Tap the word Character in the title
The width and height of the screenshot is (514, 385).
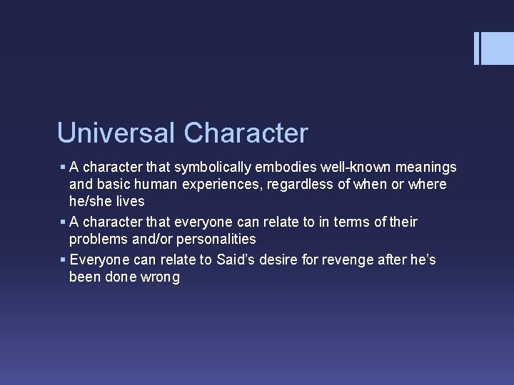point(246,133)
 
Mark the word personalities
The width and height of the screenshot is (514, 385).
point(214,239)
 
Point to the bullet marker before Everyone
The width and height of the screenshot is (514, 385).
point(63,260)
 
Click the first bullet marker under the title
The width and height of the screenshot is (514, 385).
point(63,168)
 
